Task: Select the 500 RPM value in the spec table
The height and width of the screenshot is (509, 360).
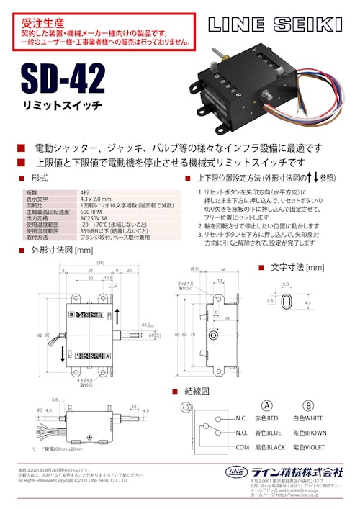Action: click(x=91, y=211)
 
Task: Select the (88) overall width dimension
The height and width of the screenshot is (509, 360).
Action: click(x=90, y=263)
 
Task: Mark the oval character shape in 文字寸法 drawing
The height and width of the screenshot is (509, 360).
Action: click(x=286, y=305)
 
